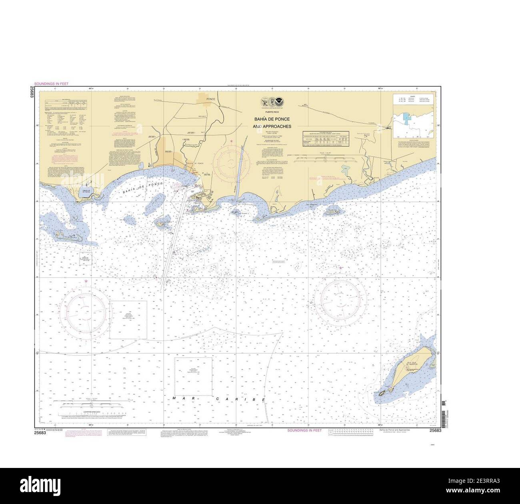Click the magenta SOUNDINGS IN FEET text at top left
[52, 83]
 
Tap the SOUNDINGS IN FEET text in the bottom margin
[304, 430]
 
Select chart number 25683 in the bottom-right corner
[435, 430]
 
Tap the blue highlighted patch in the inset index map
[407, 118]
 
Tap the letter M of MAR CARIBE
[175, 397]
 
